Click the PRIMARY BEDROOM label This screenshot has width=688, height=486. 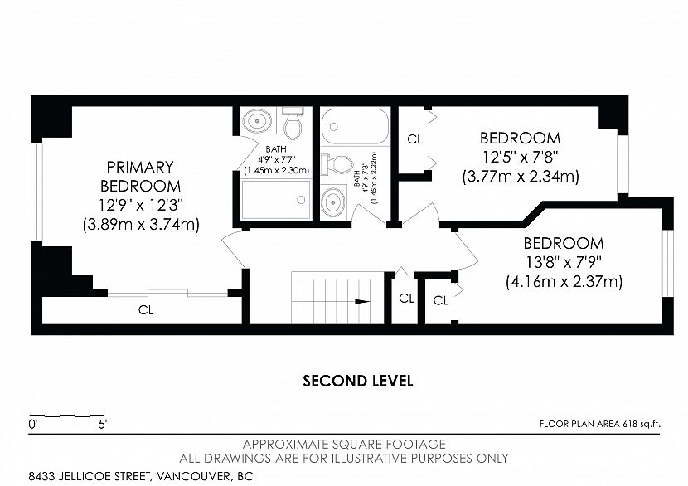(x=140, y=177)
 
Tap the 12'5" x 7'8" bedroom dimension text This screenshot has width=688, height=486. (x=520, y=158)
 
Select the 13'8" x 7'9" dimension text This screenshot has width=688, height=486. (x=564, y=262)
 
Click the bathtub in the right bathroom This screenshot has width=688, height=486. (x=355, y=126)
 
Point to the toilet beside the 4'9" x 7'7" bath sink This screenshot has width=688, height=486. (x=293, y=123)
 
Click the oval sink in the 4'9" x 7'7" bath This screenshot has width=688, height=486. (x=257, y=119)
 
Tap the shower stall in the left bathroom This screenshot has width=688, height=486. (x=276, y=200)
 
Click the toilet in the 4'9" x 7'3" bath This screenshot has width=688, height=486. (x=338, y=164)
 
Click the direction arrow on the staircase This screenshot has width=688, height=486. (x=362, y=301)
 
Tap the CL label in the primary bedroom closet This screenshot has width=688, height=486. (x=146, y=310)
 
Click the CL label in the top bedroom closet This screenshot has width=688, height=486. (x=414, y=139)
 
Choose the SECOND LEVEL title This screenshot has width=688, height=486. (x=357, y=381)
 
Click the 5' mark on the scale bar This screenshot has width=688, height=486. (x=103, y=425)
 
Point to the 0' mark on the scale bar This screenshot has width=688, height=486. (x=32, y=425)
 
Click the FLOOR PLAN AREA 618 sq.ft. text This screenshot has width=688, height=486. (x=600, y=424)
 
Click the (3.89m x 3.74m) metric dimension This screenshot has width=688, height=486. (x=141, y=225)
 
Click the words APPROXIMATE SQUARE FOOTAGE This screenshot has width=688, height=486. (x=344, y=444)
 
